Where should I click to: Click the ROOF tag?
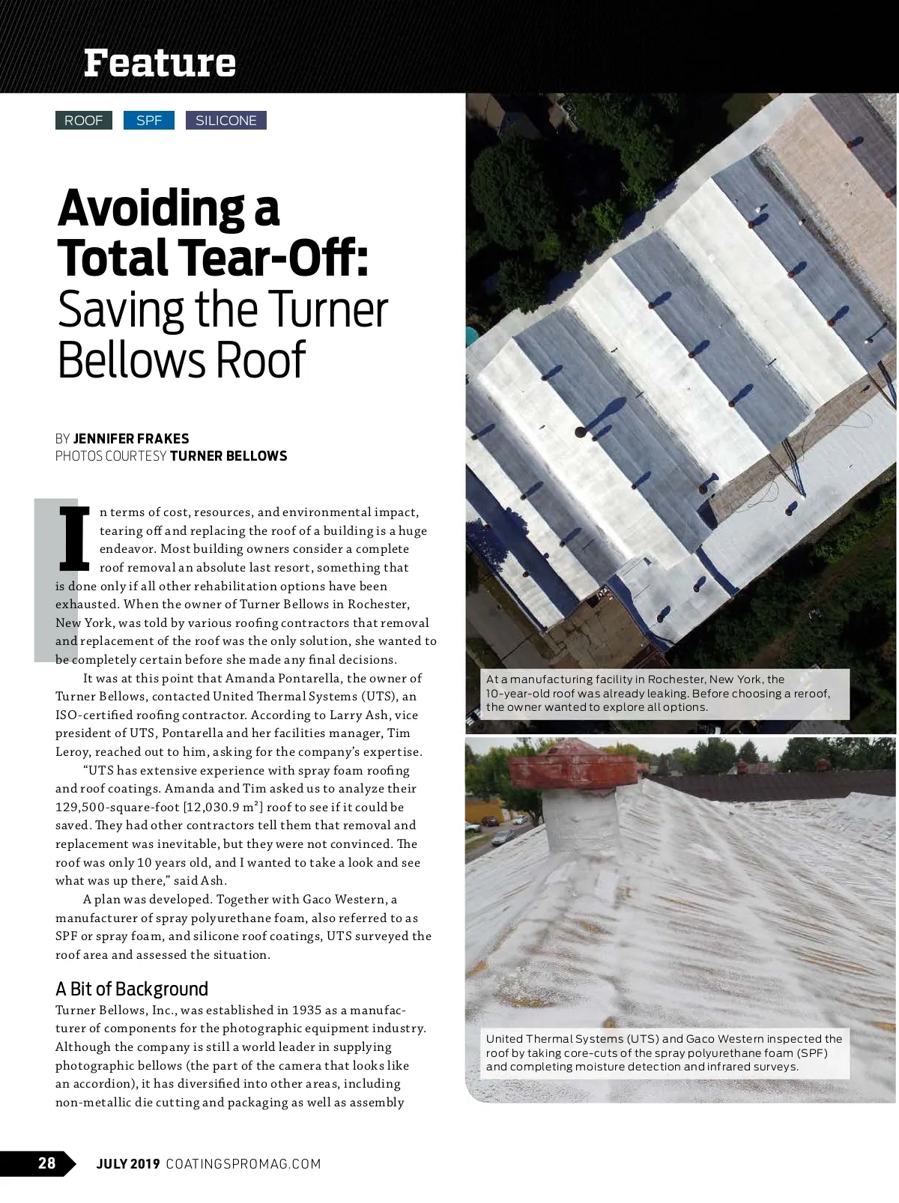(x=83, y=121)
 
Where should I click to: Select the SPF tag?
(x=148, y=121)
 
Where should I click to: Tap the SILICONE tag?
(x=225, y=121)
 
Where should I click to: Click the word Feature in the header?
(x=160, y=63)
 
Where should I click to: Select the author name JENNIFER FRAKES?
(x=131, y=439)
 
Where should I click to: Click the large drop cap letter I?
(x=74, y=537)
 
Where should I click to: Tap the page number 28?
(x=46, y=1163)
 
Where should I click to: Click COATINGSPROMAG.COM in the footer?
(x=243, y=1164)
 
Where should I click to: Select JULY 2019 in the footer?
(x=128, y=1164)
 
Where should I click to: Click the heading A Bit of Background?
(x=132, y=989)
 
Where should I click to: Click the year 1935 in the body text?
(x=307, y=1010)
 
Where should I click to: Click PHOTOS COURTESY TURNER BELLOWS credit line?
(x=171, y=456)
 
